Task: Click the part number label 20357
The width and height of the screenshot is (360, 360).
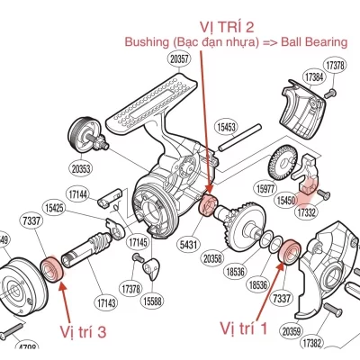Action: pyautogui.click(x=179, y=58)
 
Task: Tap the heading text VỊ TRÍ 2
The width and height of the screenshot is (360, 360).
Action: pyautogui.click(x=227, y=27)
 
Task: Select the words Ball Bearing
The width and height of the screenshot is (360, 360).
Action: pyautogui.click(x=314, y=42)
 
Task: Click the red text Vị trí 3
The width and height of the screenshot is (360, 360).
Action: pyautogui.click(x=83, y=332)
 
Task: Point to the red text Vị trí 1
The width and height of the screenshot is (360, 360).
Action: pyautogui.click(x=243, y=328)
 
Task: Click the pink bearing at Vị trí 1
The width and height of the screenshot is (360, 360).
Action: pyautogui.click(x=290, y=251)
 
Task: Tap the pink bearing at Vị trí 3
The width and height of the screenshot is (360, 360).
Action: pyautogui.click(x=52, y=269)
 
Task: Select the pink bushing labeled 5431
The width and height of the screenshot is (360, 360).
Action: pyautogui.click(x=208, y=204)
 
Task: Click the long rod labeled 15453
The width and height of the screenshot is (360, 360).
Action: pyautogui.click(x=238, y=138)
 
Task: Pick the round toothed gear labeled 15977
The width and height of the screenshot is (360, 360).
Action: pyautogui.click(x=283, y=162)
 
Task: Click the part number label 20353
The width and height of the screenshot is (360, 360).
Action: pyautogui.click(x=81, y=169)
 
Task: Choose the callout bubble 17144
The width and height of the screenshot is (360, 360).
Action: pyautogui.click(x=77, y=194)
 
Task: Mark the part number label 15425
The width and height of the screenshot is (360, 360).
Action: pyautogui.click(x=54, y=208)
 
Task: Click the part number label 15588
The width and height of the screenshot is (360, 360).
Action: pyautogui.click(x=152, y=301)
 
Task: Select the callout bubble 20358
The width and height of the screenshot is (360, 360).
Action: pyautogui.click(x=212, y=258)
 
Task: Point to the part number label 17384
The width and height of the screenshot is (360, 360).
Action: pyautogui.click(x=314, y=77)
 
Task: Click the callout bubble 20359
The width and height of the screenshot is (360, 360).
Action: pyautogui.click(x=292, y=331)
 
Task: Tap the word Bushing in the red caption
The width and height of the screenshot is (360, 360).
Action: pyautogui.click(x=148, y=42)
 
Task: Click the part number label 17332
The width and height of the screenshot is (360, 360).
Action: pyautogui.click(x=306, y=212)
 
